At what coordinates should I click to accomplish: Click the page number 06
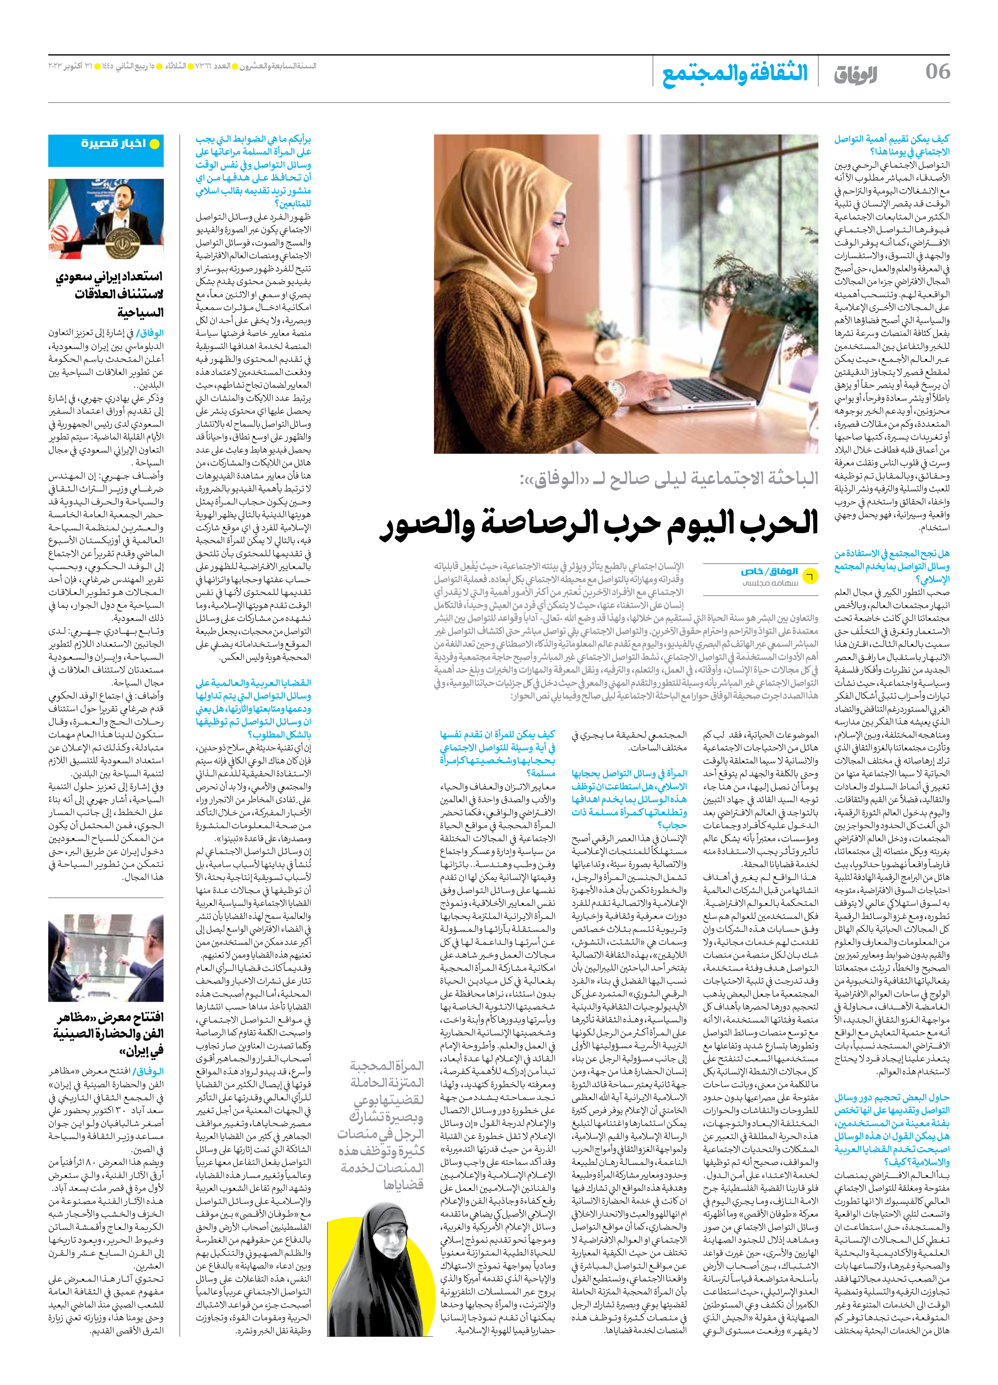click(937, 71)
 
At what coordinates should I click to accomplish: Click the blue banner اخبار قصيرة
click(106, 150)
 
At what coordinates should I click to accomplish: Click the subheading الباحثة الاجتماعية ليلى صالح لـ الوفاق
click(668, 479)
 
